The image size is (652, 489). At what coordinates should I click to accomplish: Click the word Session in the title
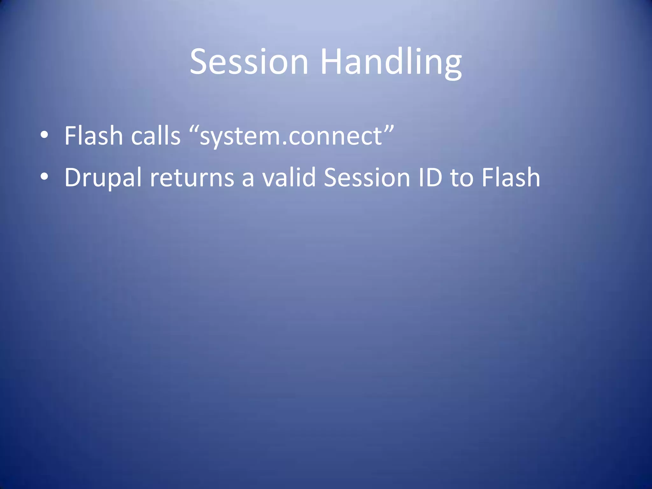pyautogui.click(x=249, y=62)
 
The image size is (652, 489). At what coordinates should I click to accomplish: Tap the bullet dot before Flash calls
pyautogui.click(x=44, y=135)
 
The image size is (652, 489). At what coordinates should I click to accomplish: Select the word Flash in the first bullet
pyautogui.click(x=94, y=136)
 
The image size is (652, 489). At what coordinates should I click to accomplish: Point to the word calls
pyautogui.click(x=156, y=136)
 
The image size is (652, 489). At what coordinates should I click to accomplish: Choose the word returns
pyautogui.click(x=192, y=178)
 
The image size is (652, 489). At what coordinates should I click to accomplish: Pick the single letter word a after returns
pyautogui.click(x=248, y=179)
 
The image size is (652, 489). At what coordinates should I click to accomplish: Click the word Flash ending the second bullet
pyautogui.click(x=511, y=177)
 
